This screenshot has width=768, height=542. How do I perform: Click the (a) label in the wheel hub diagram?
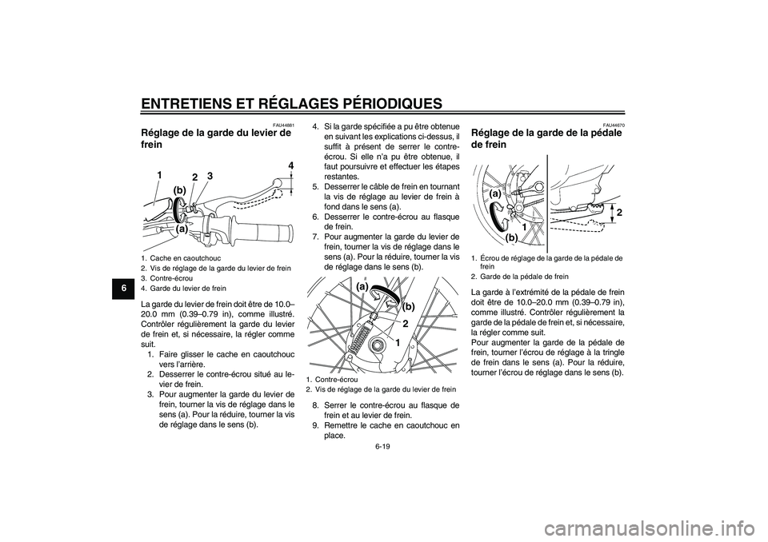(x=362, y=285)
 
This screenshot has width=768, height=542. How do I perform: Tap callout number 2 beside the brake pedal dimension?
(x=619, y=210)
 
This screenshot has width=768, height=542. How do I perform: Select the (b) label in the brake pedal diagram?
(x=510, y=238)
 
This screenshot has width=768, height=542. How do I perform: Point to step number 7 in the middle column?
(x=316, y=236)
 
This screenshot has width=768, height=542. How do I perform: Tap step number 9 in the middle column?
(x=316, y=425)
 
